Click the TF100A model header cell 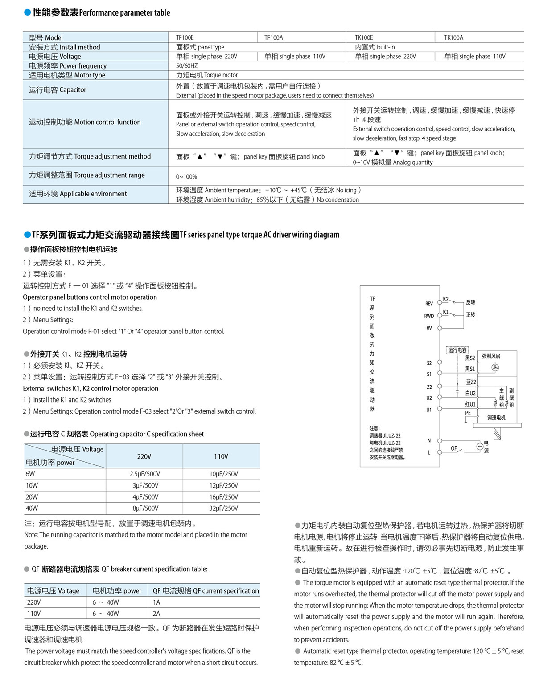(273, 37)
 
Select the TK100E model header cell (364, 37)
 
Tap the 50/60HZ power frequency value (186, 65)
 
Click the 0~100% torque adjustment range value (186, 176)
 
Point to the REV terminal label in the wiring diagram (429, 304)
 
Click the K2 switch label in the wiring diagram (446, 299)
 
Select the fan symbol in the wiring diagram (495, 367)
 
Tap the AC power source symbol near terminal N (480, 446)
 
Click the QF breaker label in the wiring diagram (454, 448)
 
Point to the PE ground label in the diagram (468, 413)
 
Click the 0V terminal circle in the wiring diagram (440, 328)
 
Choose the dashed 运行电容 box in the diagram (457, 350)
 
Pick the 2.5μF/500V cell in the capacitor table (144, 474)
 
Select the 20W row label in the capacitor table (32, 497)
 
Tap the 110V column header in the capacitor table (221, 456)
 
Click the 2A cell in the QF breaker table (156, 613)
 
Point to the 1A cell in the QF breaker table (156, 602)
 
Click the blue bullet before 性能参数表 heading (27, 13)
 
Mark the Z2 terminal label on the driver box (429, 387)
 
